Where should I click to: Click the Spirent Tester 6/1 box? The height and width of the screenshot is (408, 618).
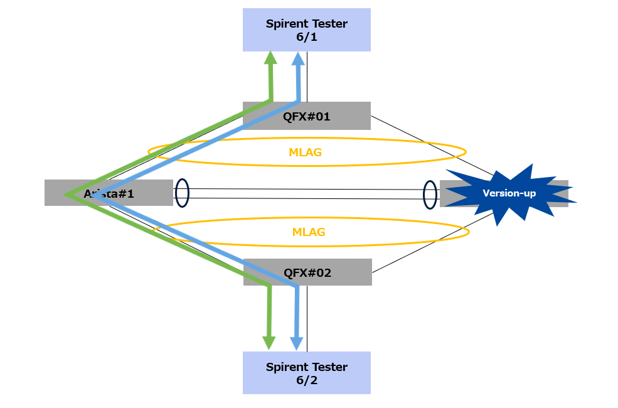click(x=306, y=30)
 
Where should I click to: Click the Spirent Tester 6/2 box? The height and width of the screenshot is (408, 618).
click(x=306, y=373)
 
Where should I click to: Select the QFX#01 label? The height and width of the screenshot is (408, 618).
click(x=307, y=116)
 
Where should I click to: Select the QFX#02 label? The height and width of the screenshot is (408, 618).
click(x=307, y=273)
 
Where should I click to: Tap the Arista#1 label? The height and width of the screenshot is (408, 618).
click(x=109, y=193)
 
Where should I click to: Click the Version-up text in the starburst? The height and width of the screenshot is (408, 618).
click(x=509, y=193)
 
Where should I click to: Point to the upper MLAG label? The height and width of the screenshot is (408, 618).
click(x=307, y=152)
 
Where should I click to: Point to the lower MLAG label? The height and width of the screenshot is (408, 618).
click(x=309, y=232)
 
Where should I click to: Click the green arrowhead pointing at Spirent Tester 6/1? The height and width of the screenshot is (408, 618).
click(x=270, y=57)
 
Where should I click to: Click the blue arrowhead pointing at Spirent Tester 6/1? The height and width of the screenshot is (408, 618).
click(x=298, y=58)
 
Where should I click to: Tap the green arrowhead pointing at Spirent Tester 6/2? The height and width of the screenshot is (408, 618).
click(x=269, y=343)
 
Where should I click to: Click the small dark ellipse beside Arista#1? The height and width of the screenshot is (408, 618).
click(x=182, y=193)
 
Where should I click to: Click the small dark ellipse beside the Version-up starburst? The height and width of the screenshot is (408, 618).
click(x=430, y=194)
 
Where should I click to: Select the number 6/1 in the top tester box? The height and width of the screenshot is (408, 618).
click(x=307, y=37)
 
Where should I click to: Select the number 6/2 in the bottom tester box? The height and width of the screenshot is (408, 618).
click(x=307, y=380)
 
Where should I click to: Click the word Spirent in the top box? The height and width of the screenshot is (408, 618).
click(x=286, y=24)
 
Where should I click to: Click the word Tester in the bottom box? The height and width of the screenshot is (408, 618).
click(x=329, y=367)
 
